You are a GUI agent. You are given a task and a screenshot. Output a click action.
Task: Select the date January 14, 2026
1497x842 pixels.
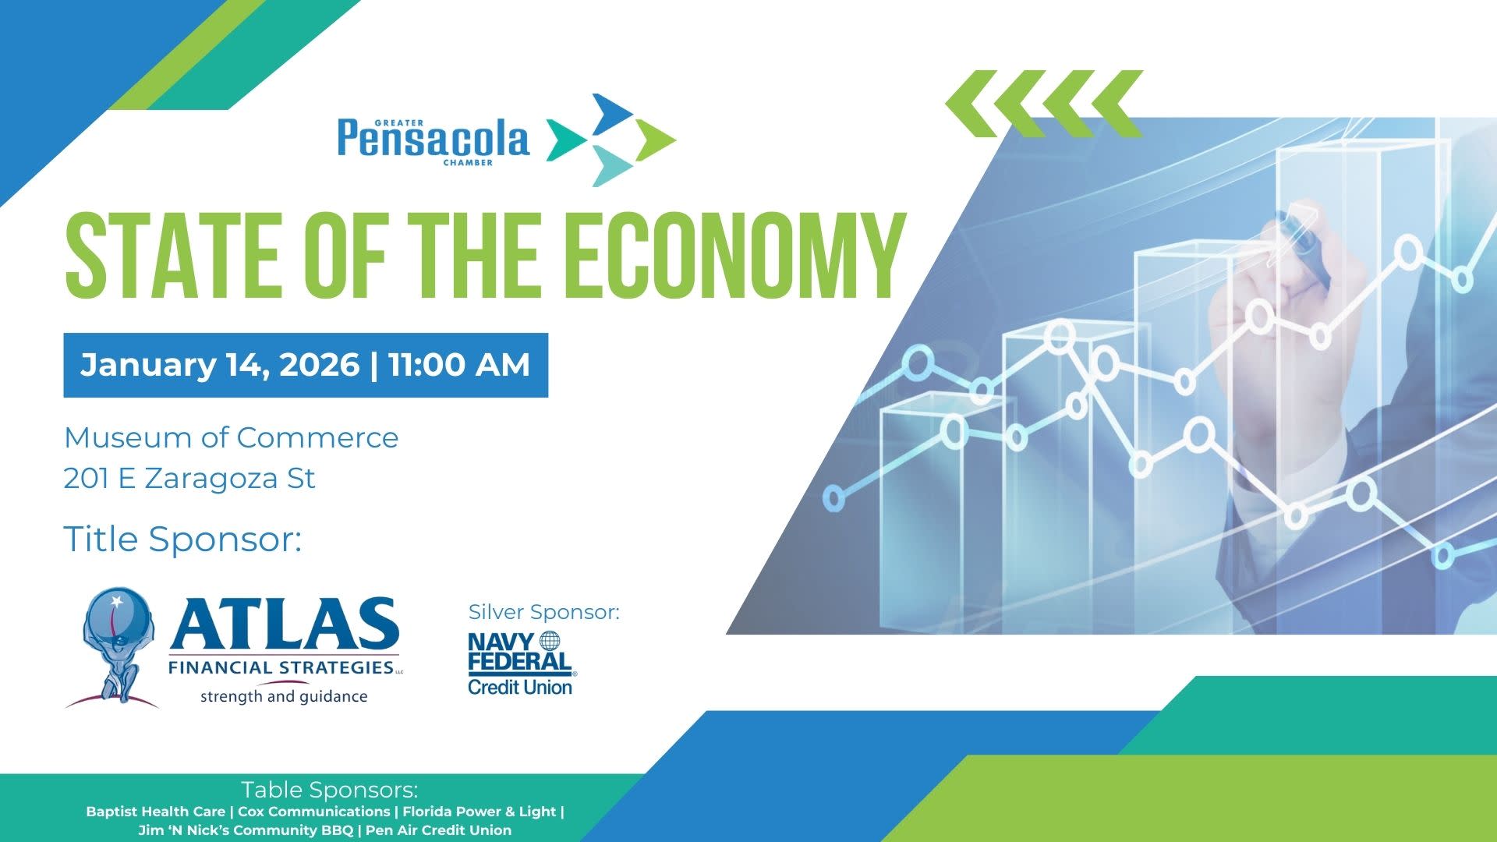coord(220,365)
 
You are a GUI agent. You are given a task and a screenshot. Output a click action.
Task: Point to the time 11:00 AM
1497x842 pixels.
coord(459,365)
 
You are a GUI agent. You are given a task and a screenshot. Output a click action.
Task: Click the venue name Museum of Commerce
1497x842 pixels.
coord(231,437)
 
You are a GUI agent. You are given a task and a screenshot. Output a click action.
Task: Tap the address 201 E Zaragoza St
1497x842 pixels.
coord(189,478)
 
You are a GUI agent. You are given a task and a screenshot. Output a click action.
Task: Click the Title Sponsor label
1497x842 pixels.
coord(182,539)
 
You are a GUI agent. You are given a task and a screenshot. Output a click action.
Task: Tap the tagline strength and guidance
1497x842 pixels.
coord(284,696)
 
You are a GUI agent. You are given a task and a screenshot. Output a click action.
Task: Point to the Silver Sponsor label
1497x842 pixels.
coord(544,612)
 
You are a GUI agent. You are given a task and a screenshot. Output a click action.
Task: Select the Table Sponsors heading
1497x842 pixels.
coord(330,790)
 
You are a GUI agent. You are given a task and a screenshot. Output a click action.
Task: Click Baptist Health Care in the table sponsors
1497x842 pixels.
coord(155,812)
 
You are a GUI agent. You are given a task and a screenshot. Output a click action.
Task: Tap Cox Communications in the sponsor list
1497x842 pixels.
coord(313,812)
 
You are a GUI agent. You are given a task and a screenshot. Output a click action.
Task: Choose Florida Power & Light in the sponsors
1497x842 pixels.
coord(480,812)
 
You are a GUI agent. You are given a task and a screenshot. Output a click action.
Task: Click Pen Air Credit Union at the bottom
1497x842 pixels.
coord(438,830)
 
